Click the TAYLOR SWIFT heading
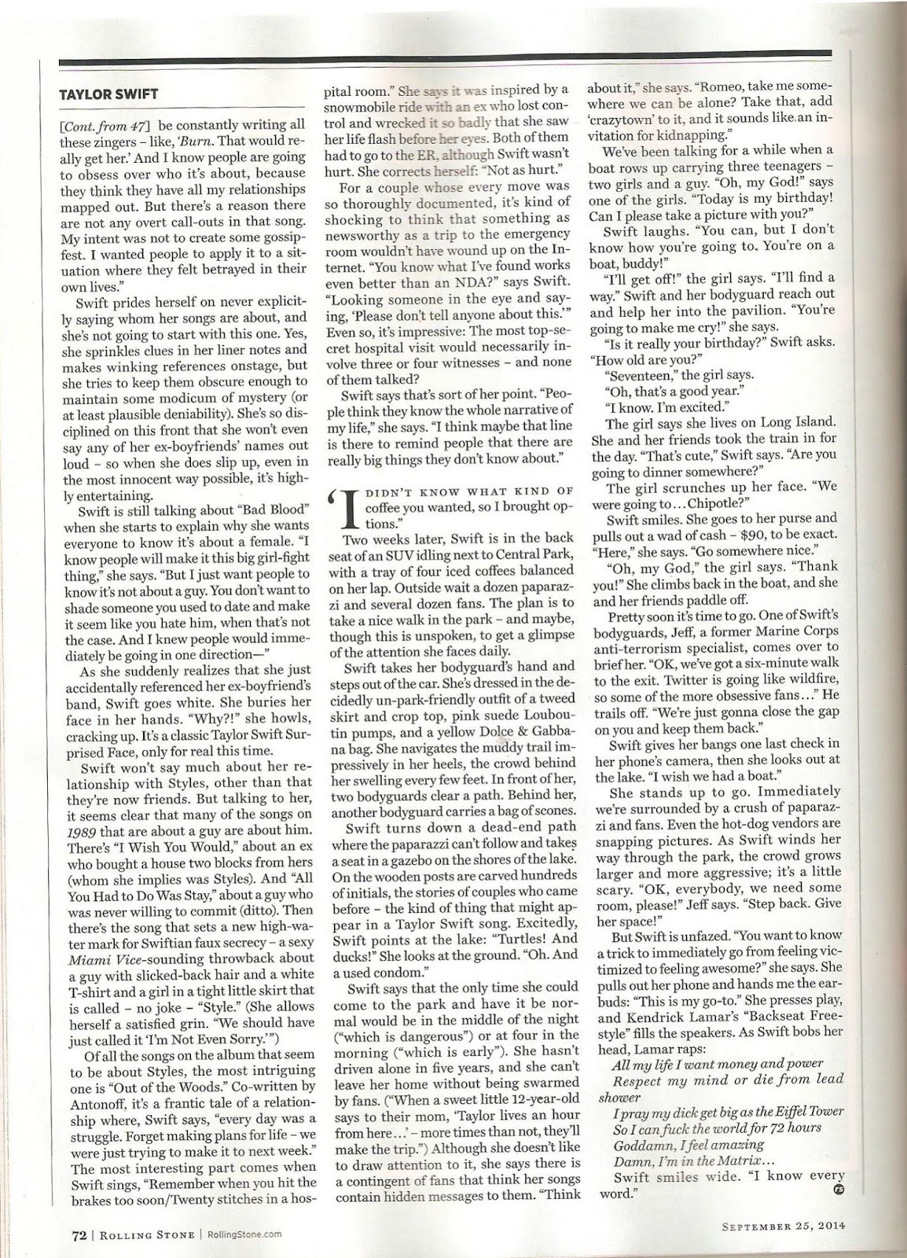coord(109,94)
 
